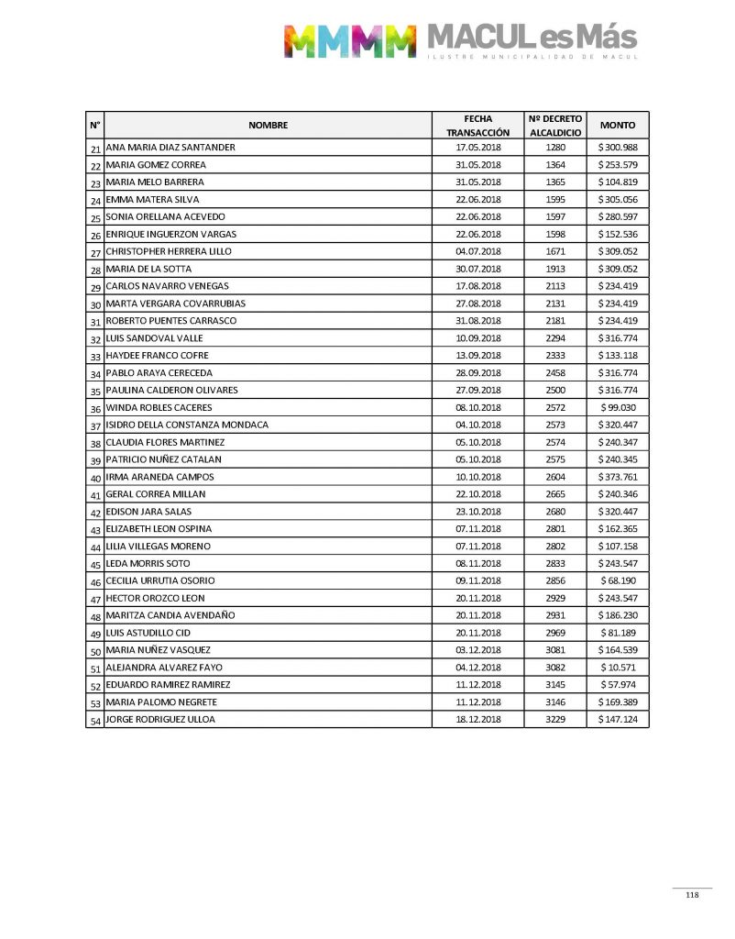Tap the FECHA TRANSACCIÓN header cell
pos(477,125)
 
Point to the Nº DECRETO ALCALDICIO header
pos(555,125)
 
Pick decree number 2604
pos(555,477)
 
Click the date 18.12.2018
pos(477,720)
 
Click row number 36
pos(95,409)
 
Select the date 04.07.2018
pos(477,251)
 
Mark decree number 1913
pos(555,269)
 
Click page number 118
pos(692,896)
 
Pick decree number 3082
pos(555,668)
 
